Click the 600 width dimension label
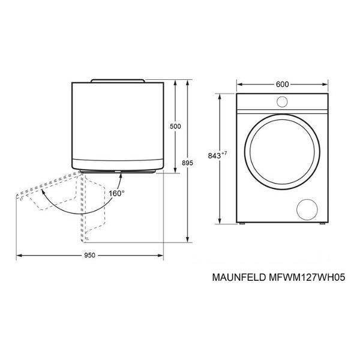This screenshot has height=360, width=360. click(282, 84)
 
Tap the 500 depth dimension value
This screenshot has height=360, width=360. click(175, 126)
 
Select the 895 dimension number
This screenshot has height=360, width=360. click(188, 163)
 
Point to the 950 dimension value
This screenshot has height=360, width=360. click(89, 256)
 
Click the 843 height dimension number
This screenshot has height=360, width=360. click(214, 155)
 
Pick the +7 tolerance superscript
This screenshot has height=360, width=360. click(224, 153)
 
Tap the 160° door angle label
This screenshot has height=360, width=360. click(116, 194)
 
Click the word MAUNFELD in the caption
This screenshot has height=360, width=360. click(239, 277)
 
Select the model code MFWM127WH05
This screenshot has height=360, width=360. click(307, 277)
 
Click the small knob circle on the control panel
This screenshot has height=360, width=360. click(282, 102)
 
